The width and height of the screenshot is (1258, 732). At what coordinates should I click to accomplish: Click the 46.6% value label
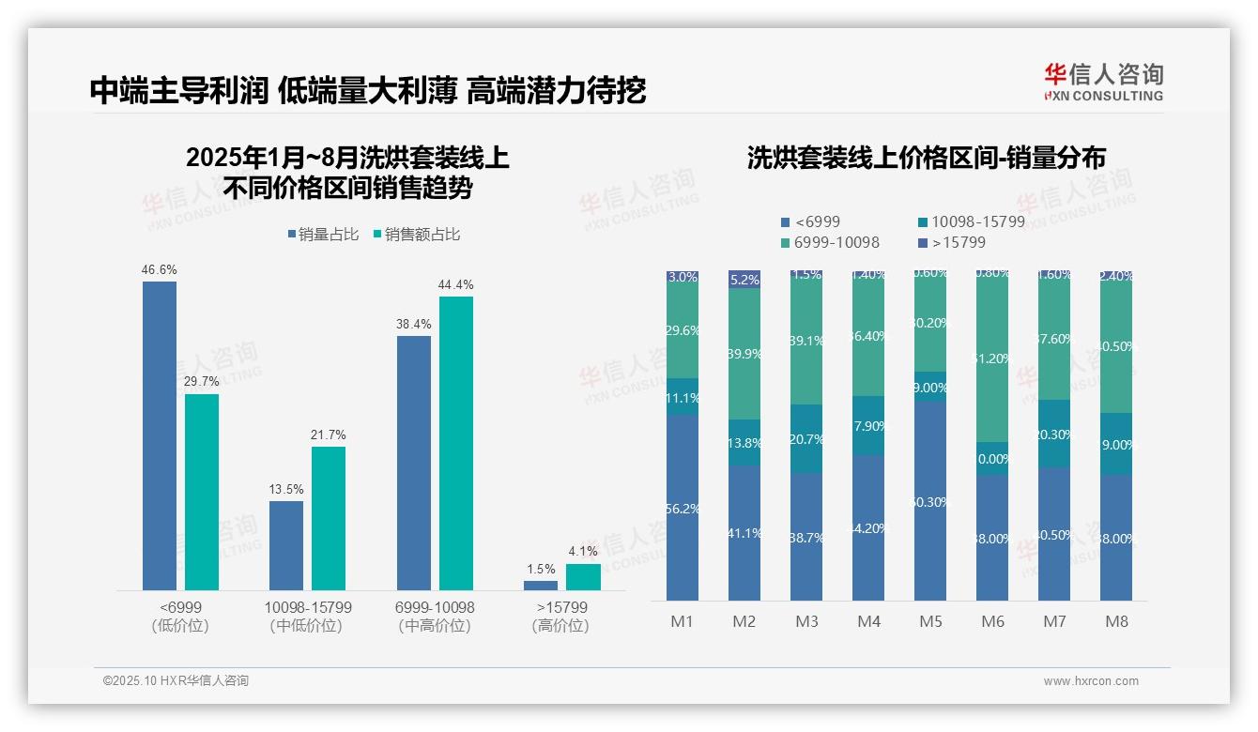(160, 270)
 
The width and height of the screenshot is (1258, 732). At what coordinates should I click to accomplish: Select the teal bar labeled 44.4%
(456, 443)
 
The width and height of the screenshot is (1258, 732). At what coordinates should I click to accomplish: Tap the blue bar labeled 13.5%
(286, 545)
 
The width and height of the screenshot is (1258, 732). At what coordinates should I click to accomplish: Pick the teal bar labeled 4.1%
(583, 577)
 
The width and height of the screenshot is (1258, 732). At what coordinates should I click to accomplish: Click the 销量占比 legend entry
(323, 235)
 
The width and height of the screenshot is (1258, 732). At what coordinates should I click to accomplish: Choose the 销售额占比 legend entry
(417, 235)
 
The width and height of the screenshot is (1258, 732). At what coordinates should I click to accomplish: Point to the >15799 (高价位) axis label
(560, 617)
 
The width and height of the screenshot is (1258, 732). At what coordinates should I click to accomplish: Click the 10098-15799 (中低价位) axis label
(307, 617)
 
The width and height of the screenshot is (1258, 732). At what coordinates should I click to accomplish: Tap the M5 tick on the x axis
(930, 621)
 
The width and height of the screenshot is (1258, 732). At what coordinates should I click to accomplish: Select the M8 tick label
(1116, 621)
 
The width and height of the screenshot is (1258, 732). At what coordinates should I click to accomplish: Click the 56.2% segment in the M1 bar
(683, 508)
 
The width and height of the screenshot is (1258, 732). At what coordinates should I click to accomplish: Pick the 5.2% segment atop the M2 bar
(744, 280)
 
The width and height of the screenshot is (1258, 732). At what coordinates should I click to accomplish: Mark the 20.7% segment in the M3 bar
(806, 438)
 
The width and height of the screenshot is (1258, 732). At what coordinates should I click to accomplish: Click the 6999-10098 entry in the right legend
(830, 243)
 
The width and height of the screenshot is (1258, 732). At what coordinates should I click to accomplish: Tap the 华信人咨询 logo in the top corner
(1103, 82)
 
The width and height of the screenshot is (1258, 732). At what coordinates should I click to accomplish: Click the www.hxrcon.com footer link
(1091, 681)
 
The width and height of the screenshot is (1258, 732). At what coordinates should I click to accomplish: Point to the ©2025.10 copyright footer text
(176, 681)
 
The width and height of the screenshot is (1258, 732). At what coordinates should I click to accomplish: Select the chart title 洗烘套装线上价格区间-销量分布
(926, 158)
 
